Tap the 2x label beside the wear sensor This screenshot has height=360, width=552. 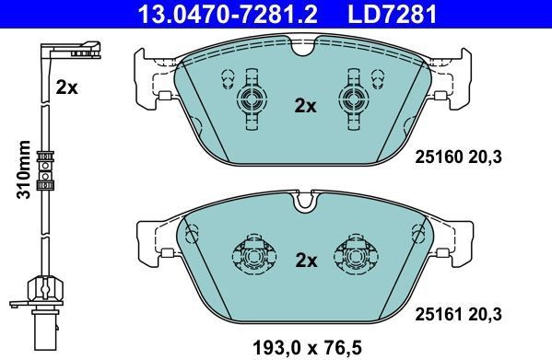click(x=66, y=87)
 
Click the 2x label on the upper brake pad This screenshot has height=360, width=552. click(x=304, y=106)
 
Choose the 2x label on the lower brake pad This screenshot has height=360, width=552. click(x=304, y=261)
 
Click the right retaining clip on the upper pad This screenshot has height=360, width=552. click(x=351, y=99)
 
